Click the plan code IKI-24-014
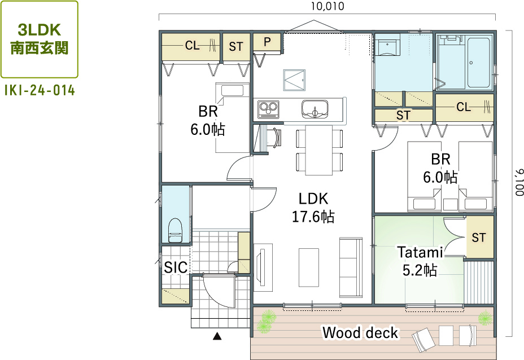coord(40,90)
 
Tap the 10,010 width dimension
coord(327,6)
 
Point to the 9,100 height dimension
coord(519,183)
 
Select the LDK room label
coord(313,199)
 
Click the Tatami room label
coord(420,252)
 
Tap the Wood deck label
coord(360,332)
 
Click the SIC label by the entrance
coord(176,267)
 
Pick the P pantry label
coord(267,42)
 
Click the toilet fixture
coord(176,230)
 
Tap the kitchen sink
coord(315,109)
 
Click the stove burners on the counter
coord(268,109)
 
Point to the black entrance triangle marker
coord(217,336)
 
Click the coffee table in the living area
coord(309,267)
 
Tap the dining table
coord(319,150)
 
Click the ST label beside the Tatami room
coord(479,238)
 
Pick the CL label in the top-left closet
coord(193,45)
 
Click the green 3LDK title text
coord(40,30)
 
